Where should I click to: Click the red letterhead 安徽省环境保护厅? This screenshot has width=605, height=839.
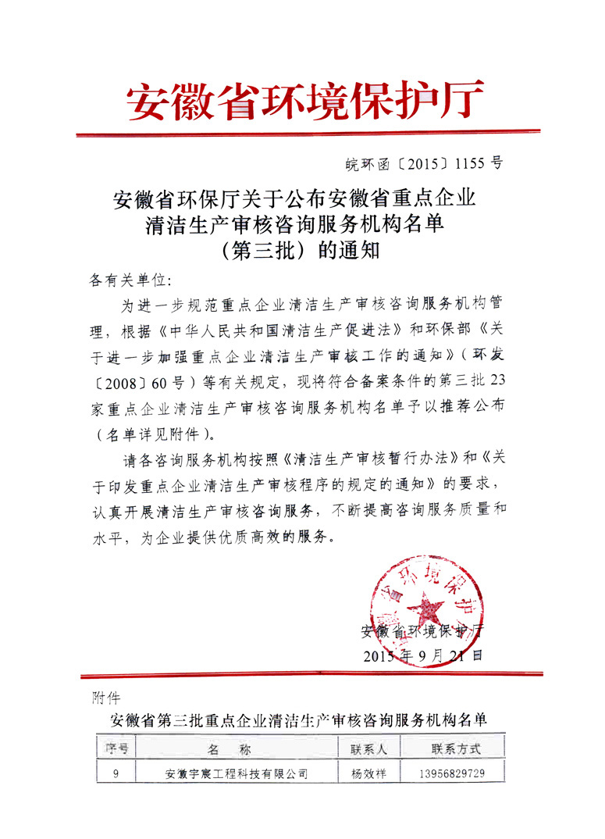[x=305, y=102]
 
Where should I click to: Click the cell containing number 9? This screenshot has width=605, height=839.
[x=116, y=774]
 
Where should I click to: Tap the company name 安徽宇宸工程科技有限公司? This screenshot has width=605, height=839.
[x=237, y=774]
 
